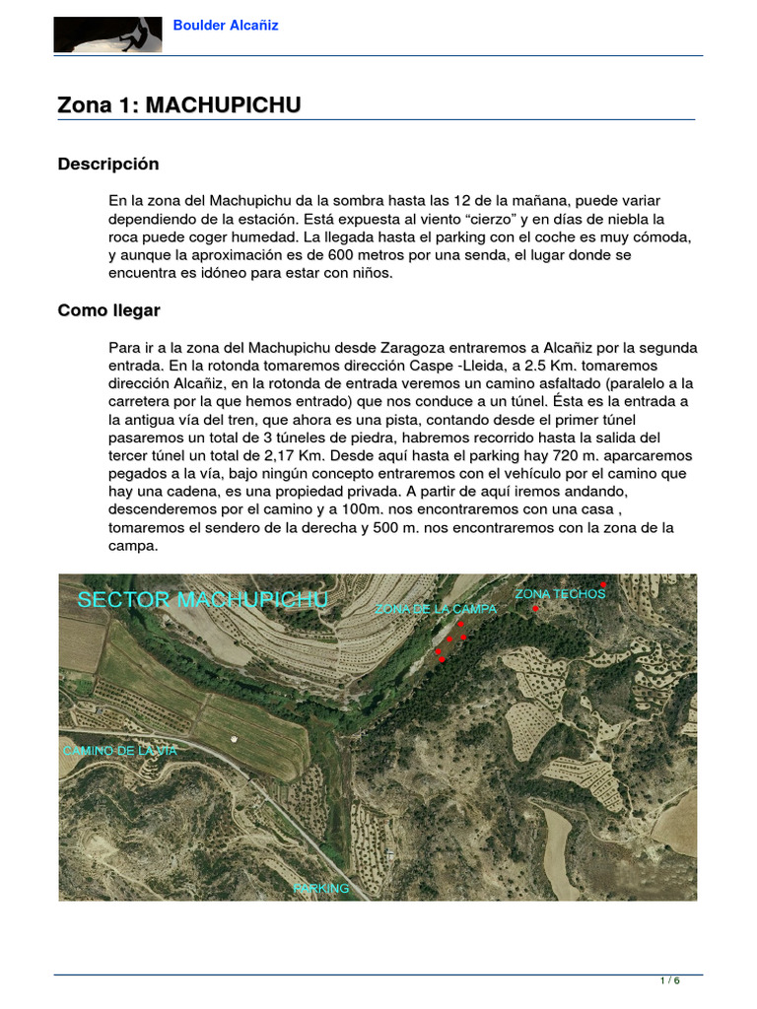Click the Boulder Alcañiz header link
pyautogui.click(x=226, y=26)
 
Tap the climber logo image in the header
pyautogui.click(x=107, y=34)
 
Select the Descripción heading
pyautogui.click(x=107, y=164)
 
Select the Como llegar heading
pyautogui.click(x=108, y=310)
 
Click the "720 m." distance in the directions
pyautogui.click(x=543, y=455)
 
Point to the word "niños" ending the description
pyautogui.click(x=371, y=273)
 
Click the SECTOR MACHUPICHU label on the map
pyautogui.click(x=203, y=600)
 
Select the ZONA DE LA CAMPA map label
pyautogui.click(x=435, y=610)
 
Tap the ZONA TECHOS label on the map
pyautogui.click(x=560, y=594)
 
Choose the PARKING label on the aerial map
pyautogui.click(x=321, y=889)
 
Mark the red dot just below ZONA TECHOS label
pyautogui.click(x=536, y=609)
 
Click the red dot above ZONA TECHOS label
pyautogui.click(x=603, y=585)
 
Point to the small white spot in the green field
pyautogui.click(x=234, y=738)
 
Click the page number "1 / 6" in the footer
pyautogui.click(x=669, y=980)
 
